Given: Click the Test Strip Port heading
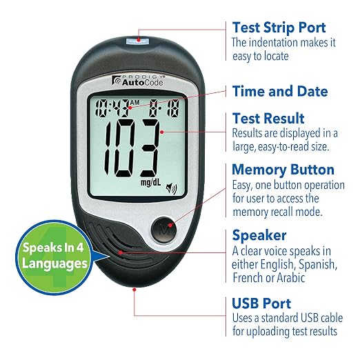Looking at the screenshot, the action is (x=279, y=28).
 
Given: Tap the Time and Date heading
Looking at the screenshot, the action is (x=280, y=91).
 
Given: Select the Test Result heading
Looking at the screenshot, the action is (x=268, y=119).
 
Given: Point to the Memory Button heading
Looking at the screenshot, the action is (x=283, y=170).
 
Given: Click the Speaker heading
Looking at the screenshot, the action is (x=259, y=235).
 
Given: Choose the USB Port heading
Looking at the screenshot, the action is (x=261, y=303).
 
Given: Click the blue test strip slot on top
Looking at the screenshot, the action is (x=137, y=41).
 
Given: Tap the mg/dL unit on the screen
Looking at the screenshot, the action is (x=150, y=183).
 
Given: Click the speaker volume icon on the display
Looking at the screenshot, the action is (x=172, y=188).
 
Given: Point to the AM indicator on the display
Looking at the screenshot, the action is (x=135, y=102).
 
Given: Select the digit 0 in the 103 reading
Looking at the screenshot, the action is (x=125, y=148).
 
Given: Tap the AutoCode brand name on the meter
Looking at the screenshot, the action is (x=143, y=82).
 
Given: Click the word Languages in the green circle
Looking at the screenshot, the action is (x=55, y=263).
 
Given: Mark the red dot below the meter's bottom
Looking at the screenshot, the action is (x=134, y=290).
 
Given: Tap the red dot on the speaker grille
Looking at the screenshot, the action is (x=121, y=252).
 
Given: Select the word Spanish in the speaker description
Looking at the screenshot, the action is (x=318, y=265).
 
